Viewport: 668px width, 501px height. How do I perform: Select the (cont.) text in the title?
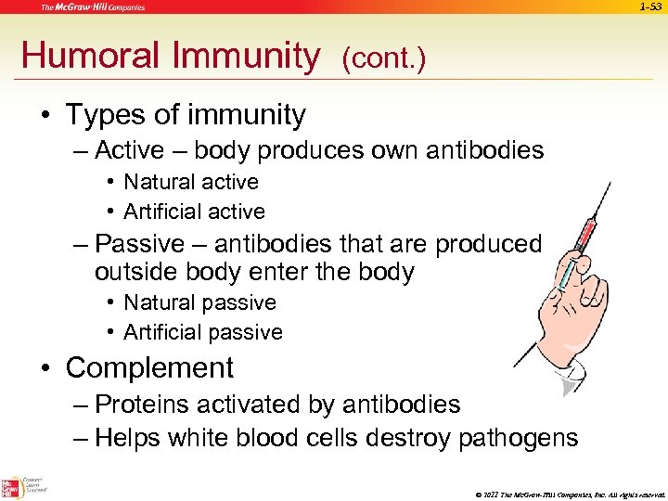click(x=383, y=59)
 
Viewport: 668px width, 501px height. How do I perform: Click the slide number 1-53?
click(x=651, y=7)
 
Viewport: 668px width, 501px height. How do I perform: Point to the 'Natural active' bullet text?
click(x=191, y=182)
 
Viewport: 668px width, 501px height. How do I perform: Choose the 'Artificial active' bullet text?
click(x=194, y=212)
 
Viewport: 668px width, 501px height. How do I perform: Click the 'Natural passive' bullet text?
click(x=199, y=302)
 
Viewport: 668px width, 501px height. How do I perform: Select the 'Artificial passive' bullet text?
click(x=203, y=332)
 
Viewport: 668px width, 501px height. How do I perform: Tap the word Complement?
click(x=149, y=367)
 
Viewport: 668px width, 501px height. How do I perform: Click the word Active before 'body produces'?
click(x=130, y=150)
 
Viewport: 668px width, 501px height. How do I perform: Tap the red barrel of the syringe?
click(x=583, y=232)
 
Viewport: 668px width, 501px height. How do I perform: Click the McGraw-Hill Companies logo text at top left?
click(x=92, y=7)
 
